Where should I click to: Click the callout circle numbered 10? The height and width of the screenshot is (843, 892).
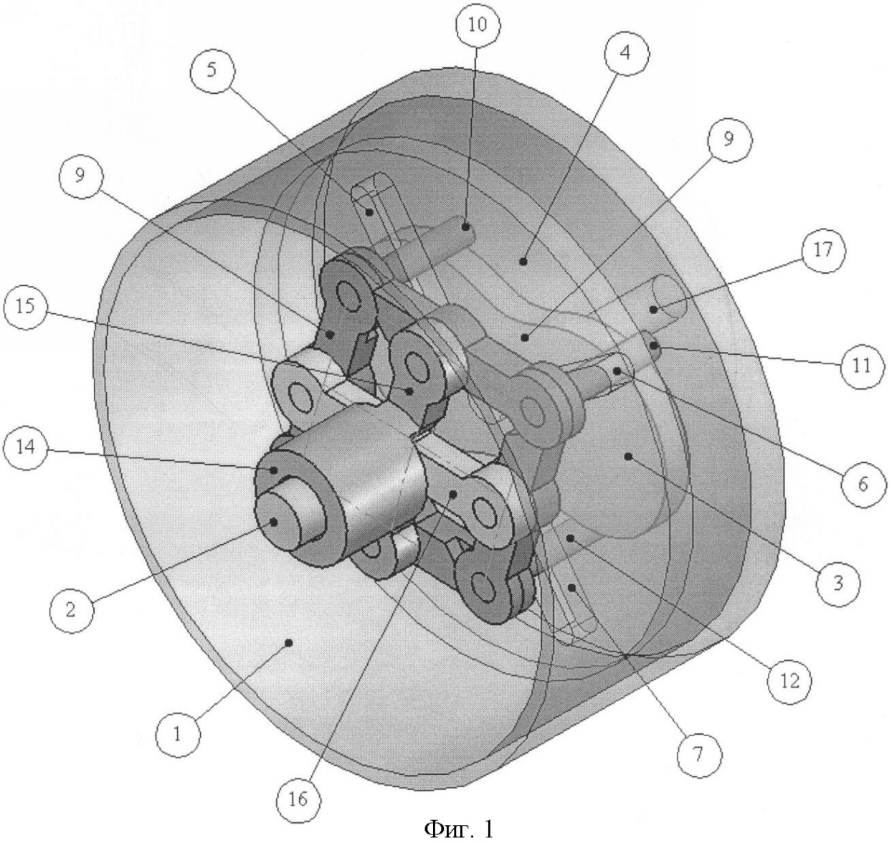point(477,25)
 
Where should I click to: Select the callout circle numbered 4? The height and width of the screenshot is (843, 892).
point(626,54)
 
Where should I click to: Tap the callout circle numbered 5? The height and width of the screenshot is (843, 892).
point(212,71)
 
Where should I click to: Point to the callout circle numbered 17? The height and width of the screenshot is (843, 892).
point(823,250)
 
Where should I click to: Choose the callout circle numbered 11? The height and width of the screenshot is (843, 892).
point(862,366)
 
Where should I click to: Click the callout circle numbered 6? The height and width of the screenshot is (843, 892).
point(863,485)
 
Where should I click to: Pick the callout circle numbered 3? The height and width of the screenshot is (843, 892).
point(838,584)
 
